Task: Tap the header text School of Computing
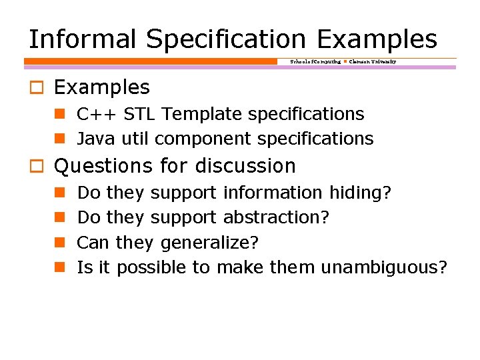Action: pyautogui.click(x=315, y=61)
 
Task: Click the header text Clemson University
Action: pyautogui.click(x=373, y=61)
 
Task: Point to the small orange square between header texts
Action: pyautogui.click(x=345, y=61)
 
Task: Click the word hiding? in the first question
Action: pyautogui.click(x=361, y=193)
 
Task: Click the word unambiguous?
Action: pyautogui.click(x=383, y=267)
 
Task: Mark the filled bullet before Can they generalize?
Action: pyautogui.click(x=59, y=243)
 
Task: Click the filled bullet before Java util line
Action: pyautogui.click(x=59, y=139)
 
